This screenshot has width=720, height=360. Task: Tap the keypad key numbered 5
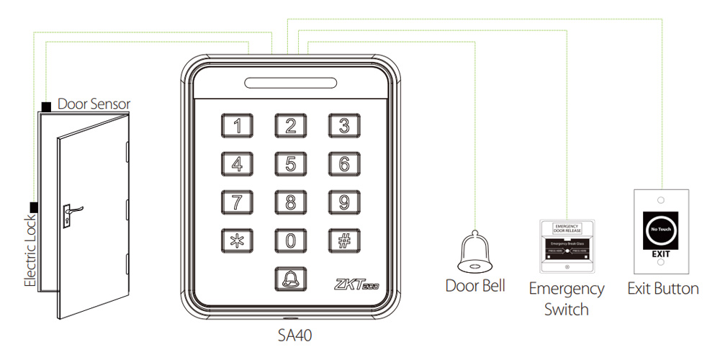pyautogui.click(x=290, y=164)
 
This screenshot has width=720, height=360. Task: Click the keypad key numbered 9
pyautogui.click(x=344, y=202)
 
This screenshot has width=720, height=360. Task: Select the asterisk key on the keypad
pyautogui.click(x=237, y=240)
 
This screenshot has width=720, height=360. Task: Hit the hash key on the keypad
pyautogui.click(x=344, y=240)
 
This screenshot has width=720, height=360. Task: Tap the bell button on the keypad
pyautogui.click(x=290, y=277)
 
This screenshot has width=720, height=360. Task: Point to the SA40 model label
pyautogui.click(x=295, y=335)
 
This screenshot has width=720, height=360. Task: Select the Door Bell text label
pyautogui.click(x=475, y=286)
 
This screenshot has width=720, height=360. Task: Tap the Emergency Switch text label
pyautogui.click(x=567, y=299)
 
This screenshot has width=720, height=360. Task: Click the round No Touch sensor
pyautogui.click(x=660, y=229)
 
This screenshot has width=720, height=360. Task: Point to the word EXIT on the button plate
pyautogui.click(x=660, y=255)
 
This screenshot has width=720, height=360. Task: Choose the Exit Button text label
pyautogui.click(x=663, y=289)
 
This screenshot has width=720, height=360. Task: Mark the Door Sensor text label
pyautogui.click(x=94, y=104)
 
